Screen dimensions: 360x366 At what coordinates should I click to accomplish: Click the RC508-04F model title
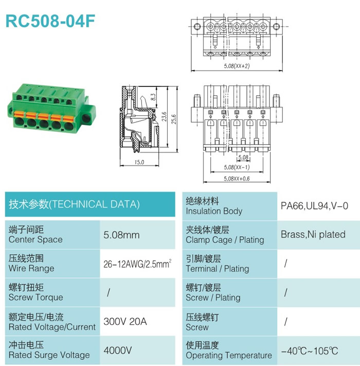[x=50, y=21]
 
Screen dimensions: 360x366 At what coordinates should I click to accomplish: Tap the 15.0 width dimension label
[x=139, y=162]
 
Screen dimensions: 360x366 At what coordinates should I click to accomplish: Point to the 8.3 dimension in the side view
[x=153, y=97]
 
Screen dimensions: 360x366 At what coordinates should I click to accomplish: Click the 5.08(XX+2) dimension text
[x=237, y=66]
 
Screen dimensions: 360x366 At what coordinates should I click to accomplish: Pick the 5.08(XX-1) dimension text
[x=237, y=167]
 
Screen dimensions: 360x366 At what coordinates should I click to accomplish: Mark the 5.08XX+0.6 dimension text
[x=237, y=179]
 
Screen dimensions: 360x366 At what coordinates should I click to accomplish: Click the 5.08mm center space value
[x=121, y=235]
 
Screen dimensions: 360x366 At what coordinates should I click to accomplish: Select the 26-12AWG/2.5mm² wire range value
[x=137, y=264]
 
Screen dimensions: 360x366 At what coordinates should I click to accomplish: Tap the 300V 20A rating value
[x=125, y=321]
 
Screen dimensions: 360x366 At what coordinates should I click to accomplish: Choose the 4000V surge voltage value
[x=118, y=350]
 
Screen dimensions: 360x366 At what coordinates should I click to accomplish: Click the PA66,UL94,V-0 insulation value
[x=314, y=206]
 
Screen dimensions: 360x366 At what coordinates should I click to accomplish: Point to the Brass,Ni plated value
[x=313, y=235]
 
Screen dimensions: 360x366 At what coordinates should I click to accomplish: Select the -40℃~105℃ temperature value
[x=310, y=351]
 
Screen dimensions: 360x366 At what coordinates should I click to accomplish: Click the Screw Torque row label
[x=36, y=297]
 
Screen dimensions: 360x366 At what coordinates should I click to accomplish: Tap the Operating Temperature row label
[x=229, y=355]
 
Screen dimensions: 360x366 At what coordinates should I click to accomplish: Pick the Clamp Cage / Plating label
[x=225, y=240]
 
